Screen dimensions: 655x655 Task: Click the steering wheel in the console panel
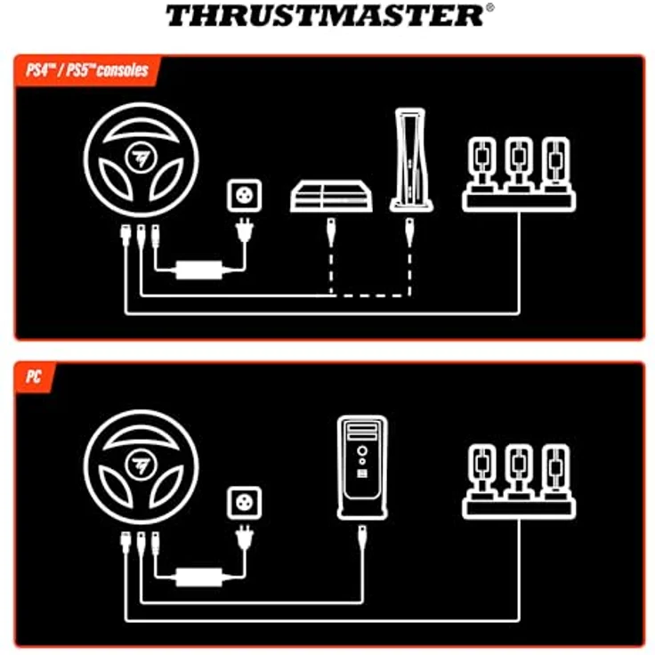point(142,160)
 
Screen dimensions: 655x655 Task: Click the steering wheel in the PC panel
point(142,466)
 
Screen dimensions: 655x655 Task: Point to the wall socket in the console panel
point(245,195)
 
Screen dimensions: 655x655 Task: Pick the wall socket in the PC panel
point(245,501)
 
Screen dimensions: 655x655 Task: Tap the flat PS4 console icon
point(329,196)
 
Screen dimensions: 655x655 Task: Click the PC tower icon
point(362,467)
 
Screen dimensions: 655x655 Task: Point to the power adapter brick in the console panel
point(198,267)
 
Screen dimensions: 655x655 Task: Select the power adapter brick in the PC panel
point(198,574)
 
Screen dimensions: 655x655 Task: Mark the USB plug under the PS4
point(331,234)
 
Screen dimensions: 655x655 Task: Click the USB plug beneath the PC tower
point(362,540)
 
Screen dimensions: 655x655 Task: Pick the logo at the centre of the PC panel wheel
point(141,464)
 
